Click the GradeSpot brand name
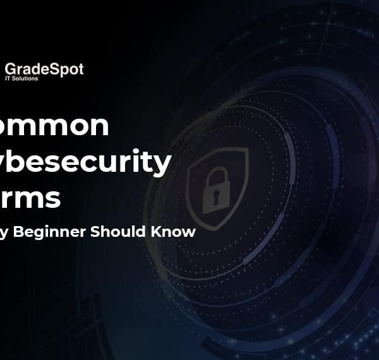coord(44,69)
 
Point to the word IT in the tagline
coord(9,79)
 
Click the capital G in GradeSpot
coord(10,69)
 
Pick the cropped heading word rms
coord(32,198)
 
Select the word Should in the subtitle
coord(116,231)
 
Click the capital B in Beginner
coord(36,231)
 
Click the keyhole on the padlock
coord(215,200)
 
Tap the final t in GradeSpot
coord(80,69)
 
